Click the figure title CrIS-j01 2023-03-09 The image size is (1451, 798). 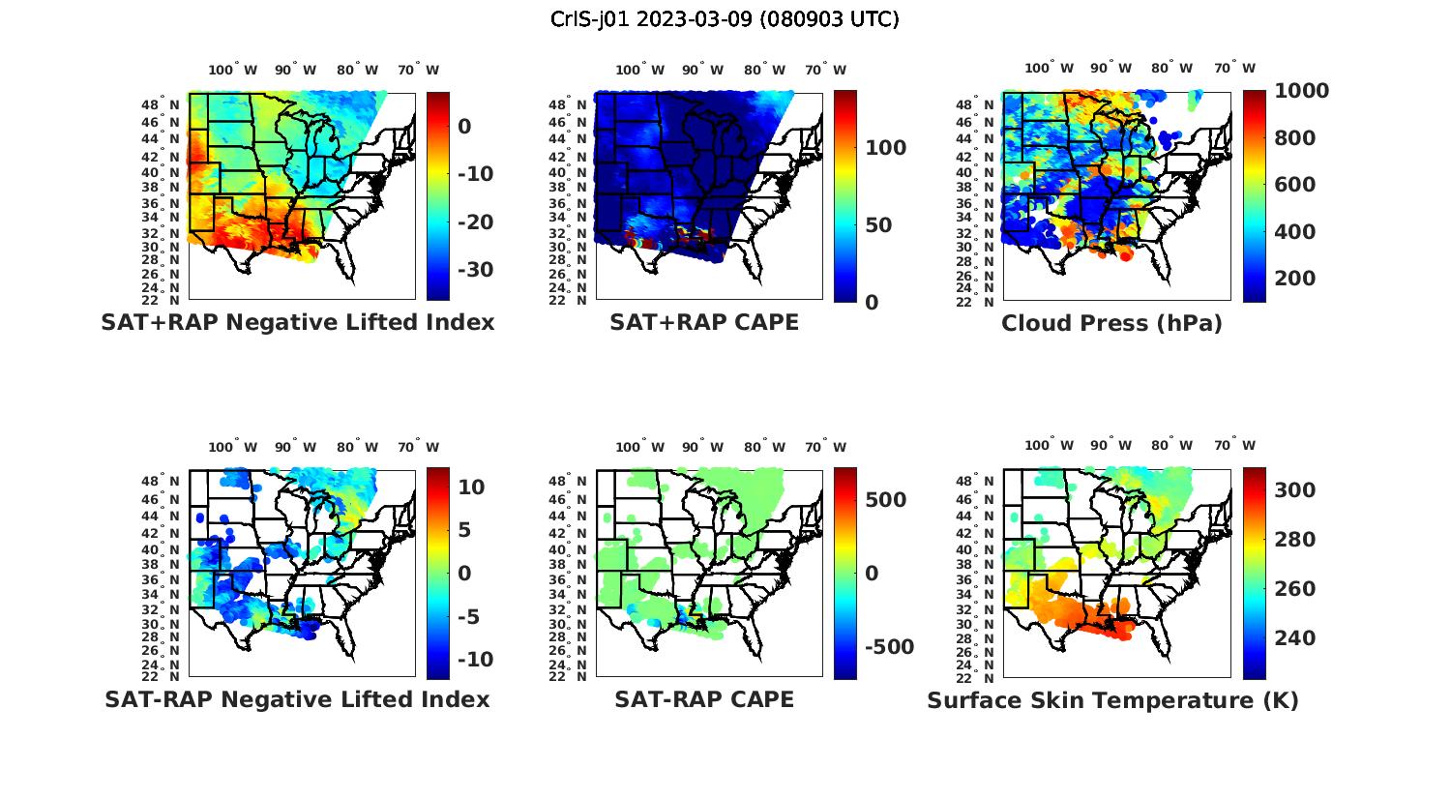[725, 19]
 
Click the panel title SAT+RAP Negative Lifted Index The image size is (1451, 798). [297, 322]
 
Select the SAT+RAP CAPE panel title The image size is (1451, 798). [704, 322]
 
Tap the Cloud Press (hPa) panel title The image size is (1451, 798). [1111, 323]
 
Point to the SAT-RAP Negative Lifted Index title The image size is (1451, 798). [297, 699]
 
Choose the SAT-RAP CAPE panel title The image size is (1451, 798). [704, 699]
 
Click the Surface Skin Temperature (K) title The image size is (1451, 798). [1112, 700]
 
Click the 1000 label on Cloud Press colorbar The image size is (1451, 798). [1301, 91]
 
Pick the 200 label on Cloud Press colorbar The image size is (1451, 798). [1295, 279]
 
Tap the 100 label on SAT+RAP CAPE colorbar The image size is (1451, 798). [885, 148]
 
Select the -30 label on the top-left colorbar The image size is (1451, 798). [475, 269]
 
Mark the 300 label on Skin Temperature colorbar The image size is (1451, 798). [1295, 490]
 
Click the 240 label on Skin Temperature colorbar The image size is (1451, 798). [1295, 638]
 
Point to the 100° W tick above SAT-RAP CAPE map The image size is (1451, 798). [640, 447]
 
